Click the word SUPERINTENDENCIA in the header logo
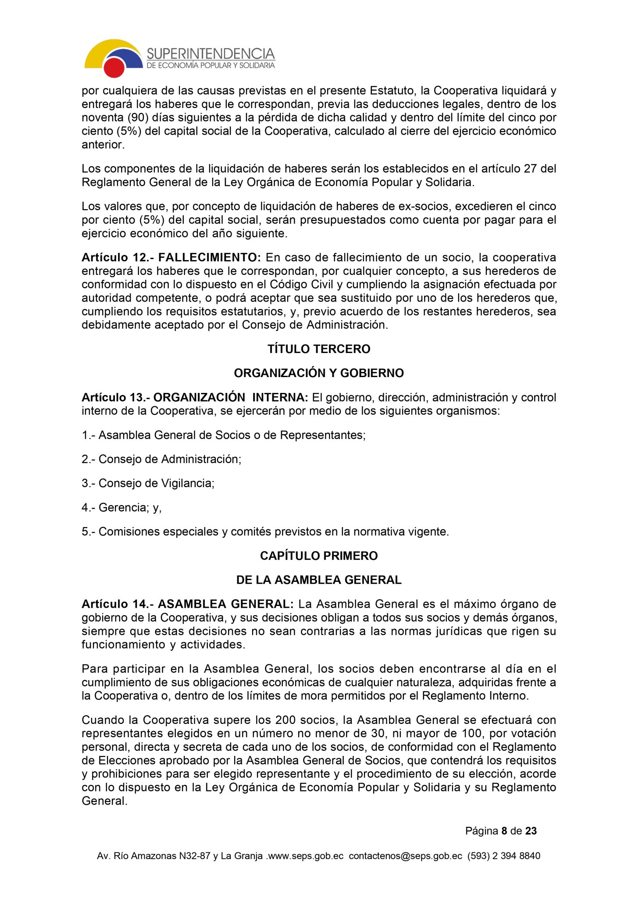[210, 54]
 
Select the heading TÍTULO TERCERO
[319, 349]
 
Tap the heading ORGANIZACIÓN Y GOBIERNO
[319, 373]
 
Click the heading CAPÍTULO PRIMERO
[319, 556]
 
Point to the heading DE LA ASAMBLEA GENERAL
[319, 580]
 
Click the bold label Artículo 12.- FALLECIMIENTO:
[171, 257]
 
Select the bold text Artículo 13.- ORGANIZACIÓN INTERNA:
[195, 398]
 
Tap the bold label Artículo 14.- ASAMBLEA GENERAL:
[187, 604]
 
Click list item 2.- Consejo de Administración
[161, 459]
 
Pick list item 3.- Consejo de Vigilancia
[148, 483]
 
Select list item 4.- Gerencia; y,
[121, 507]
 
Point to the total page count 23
[531, 831]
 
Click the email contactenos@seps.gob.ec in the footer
[405, 856]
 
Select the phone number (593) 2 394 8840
[504, 856]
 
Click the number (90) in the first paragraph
[137, 118]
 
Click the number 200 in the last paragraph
[285, 720]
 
